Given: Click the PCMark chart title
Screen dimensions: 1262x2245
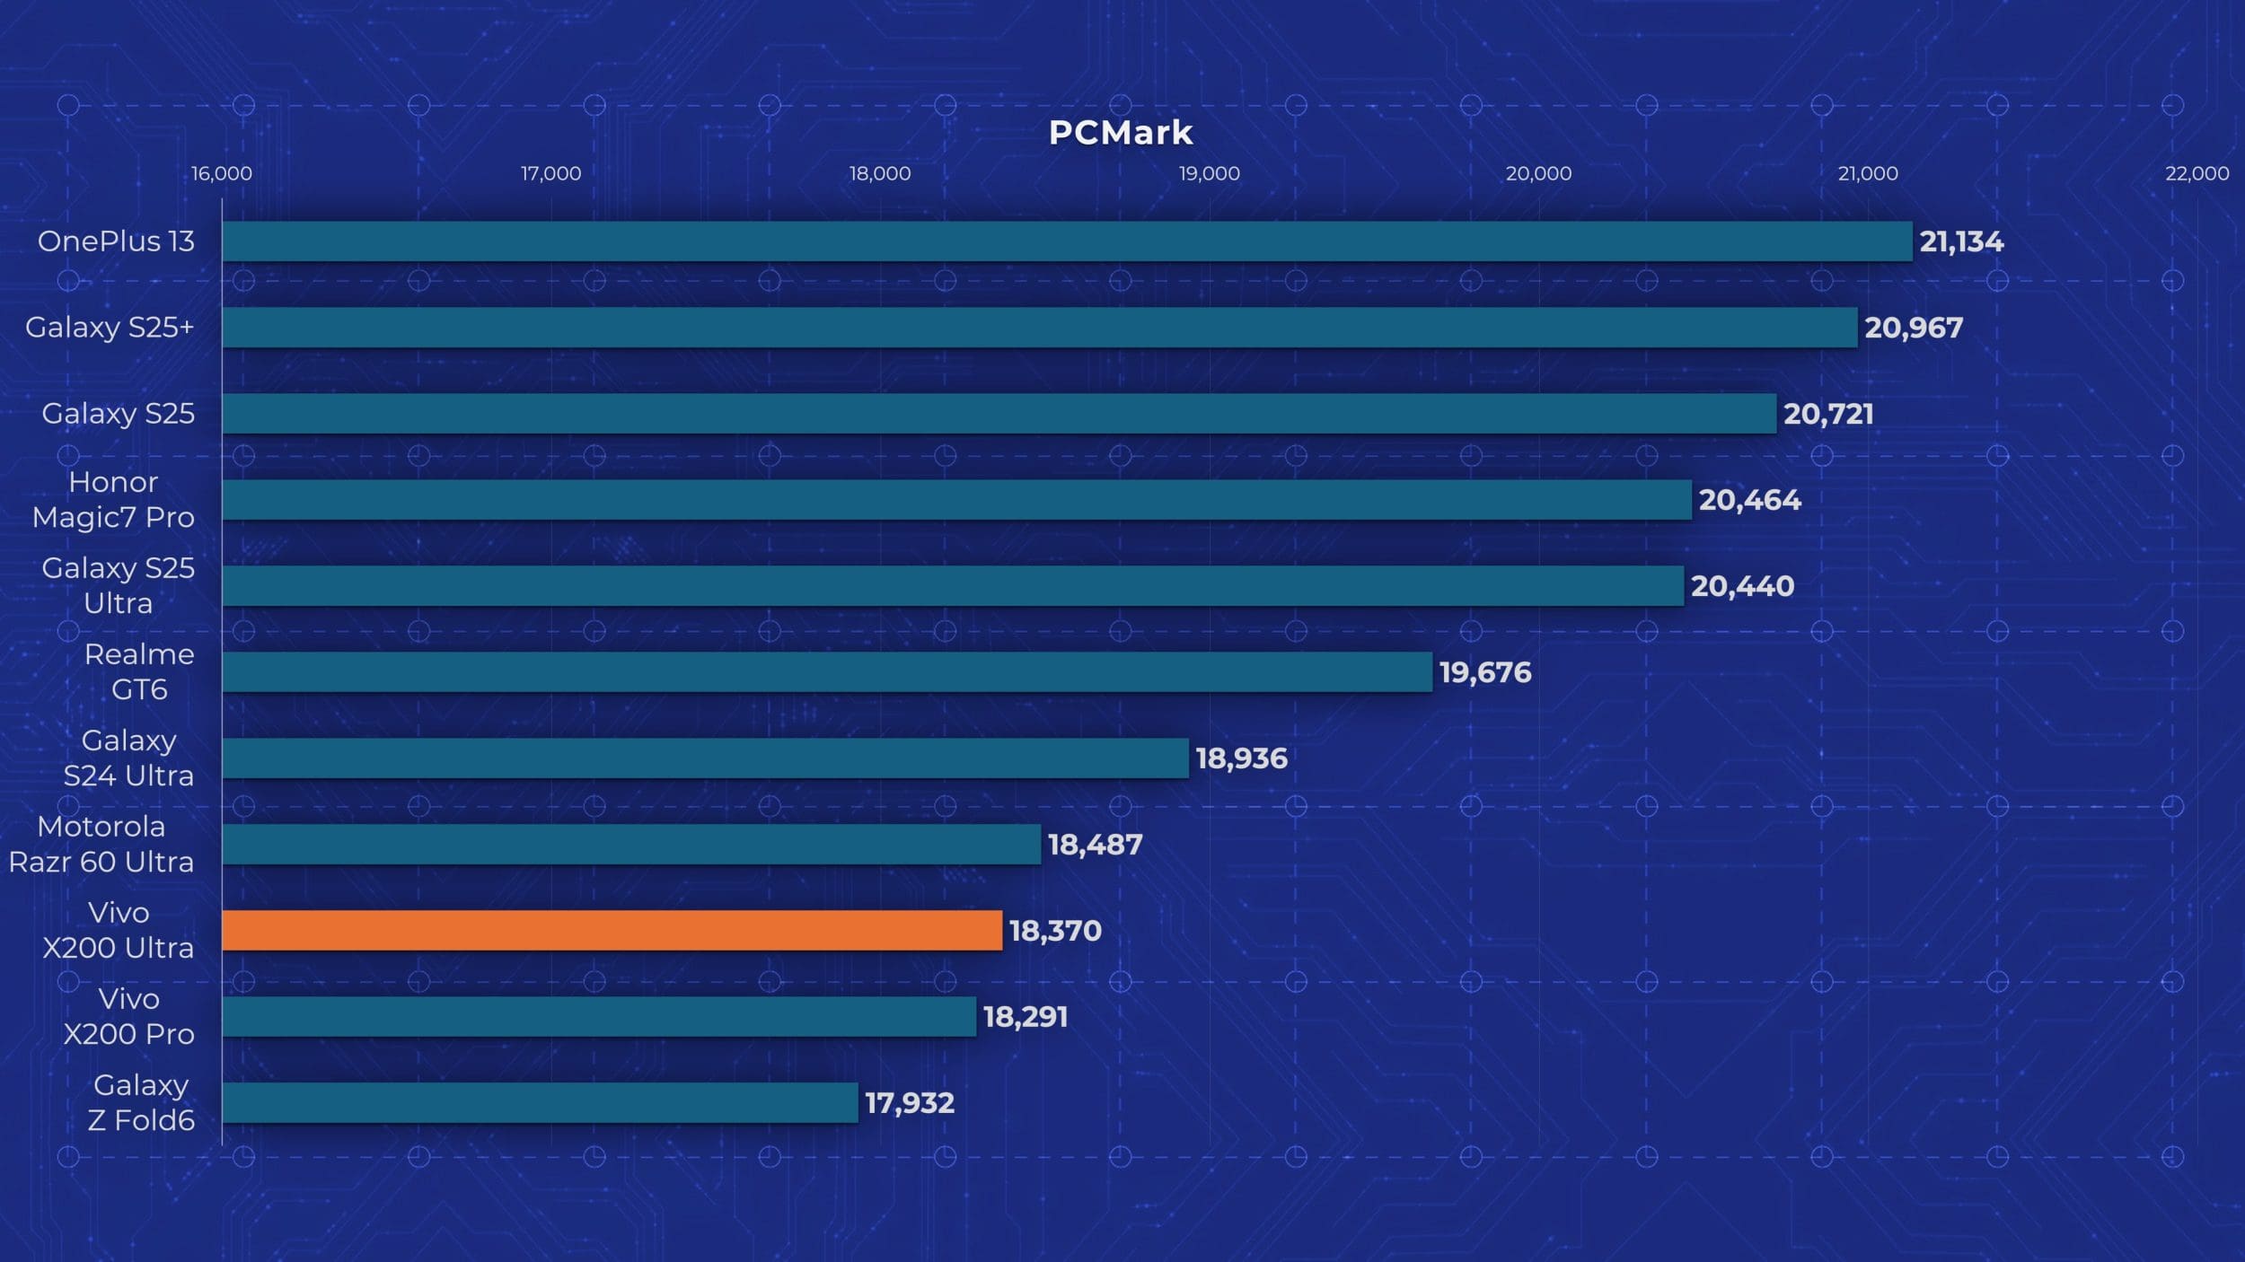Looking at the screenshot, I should pyautogui.click(x=1121, y=133).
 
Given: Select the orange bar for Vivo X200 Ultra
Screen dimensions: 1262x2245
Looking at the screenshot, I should pyautogui.click(x=612, y=930).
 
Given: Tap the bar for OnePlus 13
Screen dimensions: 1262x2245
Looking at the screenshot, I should pyautogui.click(x=1067, y=241).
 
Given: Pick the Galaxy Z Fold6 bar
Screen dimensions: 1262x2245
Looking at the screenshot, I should pyautogui.click(x=540, y=1102).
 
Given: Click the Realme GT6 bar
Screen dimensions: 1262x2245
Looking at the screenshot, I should pyautogui.click(x=827, y=671).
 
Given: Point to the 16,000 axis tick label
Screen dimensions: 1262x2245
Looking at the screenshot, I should pyautogui.click(x=222, y=173).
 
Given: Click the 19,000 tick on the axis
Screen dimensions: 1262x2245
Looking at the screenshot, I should pyautogui.click(x=1209, y=173).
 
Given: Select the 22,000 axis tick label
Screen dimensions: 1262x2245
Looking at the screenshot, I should pyautogui.click(x=2197, y=173).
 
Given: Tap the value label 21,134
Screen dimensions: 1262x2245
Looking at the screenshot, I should pyautogui.click(x=1961, y=241).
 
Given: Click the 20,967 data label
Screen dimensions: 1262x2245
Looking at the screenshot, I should pyautogui.click(x=1914, y=328).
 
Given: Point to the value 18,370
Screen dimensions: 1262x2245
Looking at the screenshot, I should pyautogui.click(x=1055, y=931).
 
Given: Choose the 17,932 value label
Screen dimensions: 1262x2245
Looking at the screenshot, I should pyautogui.click(x=909, y=1103).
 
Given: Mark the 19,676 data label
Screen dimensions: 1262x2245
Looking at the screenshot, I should pyautogui.click(x=1485, y=672).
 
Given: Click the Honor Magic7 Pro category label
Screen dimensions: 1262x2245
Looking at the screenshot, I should pyautogui.click(x=113, y=500).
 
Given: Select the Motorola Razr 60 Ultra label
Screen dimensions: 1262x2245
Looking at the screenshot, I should pyautogui.click(x=101, y=845).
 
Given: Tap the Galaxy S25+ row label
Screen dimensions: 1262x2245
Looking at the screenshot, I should pyautogui.click(x=110, y=328).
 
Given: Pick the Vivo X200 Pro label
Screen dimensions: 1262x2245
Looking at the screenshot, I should pyautogui.click(x=128, y=1016).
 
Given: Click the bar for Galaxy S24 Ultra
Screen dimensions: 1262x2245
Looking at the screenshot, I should pyautogui.click(x=705, y=758).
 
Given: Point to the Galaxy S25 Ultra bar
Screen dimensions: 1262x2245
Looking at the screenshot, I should pyautogui.click(x=953, y=585).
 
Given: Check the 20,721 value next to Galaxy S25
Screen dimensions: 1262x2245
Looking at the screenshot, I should pyautogui.click(x=1828, y=414).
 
